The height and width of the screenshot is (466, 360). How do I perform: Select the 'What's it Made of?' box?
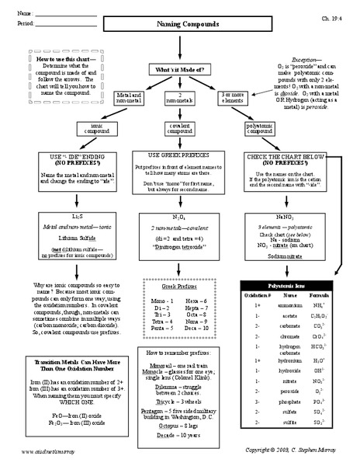click(180, 69)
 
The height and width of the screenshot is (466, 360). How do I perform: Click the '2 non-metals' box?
click(180, 97)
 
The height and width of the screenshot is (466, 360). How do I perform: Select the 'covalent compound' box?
click(180, 127)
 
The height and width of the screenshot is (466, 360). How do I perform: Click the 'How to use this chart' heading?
click(65, 59)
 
